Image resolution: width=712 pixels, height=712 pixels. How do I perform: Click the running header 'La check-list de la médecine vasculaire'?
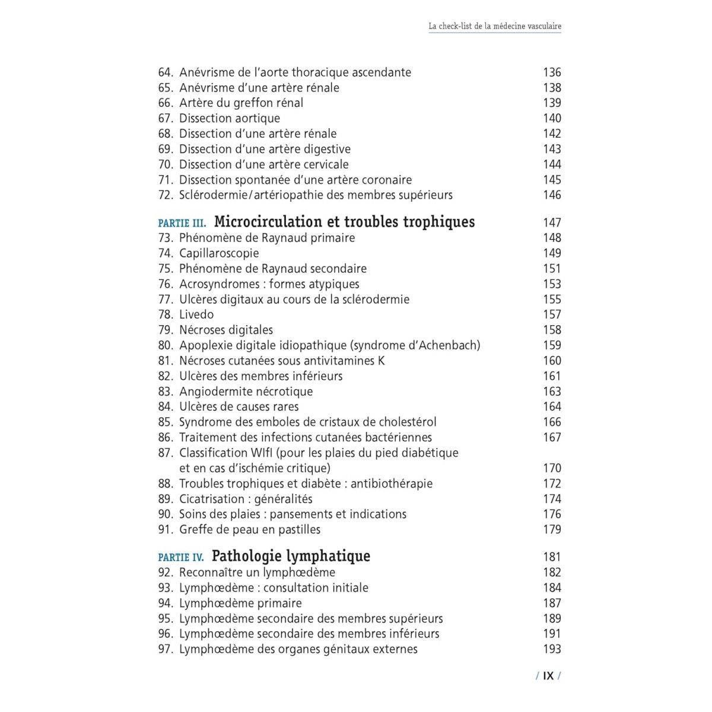point(495,26)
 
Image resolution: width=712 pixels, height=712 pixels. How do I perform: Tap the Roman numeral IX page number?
point(548,676)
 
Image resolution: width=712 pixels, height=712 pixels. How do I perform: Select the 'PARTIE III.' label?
point(182,224)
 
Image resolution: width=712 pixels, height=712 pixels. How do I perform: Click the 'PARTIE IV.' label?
point(181,558)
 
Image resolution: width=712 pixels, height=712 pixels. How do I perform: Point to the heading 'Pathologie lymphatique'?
point(291,557)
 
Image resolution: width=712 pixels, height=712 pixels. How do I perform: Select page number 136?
point(552,72)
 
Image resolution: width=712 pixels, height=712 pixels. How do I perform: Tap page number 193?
point(552,649)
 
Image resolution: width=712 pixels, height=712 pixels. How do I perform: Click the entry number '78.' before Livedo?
point(166,314)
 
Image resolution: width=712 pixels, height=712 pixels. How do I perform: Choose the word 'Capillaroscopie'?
point(219,253)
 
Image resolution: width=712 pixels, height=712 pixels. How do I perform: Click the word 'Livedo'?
point(196,314)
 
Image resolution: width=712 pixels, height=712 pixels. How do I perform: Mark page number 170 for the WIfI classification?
point(552,468)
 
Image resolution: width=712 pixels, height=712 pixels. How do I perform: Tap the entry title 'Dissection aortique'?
point(230,119)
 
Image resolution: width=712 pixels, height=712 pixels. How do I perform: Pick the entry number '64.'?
point(166,72)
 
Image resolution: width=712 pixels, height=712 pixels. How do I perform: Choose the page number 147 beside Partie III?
point(552,223)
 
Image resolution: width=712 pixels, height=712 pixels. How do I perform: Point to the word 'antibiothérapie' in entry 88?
point(392,484)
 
